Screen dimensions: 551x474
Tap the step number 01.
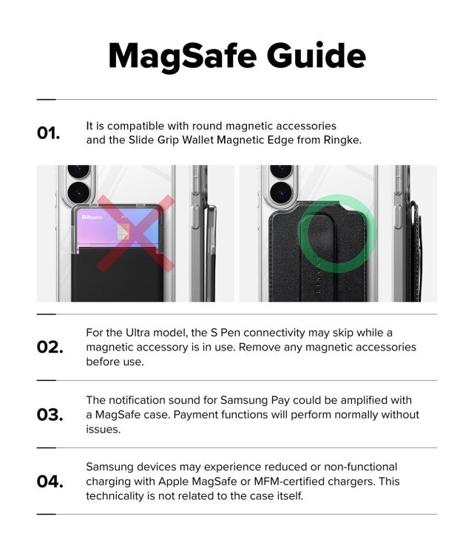click(48, 133)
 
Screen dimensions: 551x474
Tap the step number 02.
click(50, 347)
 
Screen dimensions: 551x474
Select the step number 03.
click(50, 414)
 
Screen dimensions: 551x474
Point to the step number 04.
click(50, 481)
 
